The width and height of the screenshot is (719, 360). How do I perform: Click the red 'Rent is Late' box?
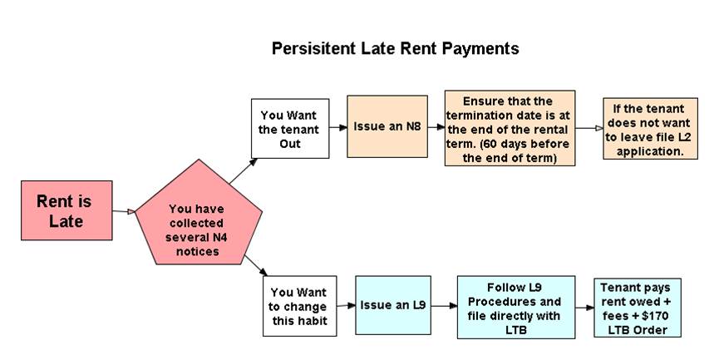(66, 210)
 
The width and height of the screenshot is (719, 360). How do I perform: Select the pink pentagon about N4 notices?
(199, 215)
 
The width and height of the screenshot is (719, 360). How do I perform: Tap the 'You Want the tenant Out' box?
(290, 128)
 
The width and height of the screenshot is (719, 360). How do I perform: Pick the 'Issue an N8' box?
(387, 126)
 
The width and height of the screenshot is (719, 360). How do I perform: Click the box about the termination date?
(510, 128)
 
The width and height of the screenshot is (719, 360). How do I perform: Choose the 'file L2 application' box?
(650, 128)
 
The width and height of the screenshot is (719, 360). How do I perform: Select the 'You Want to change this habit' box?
(299, 306)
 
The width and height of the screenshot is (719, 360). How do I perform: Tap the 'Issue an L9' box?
(393, 305)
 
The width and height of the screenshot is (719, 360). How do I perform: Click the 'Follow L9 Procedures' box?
(516, 308)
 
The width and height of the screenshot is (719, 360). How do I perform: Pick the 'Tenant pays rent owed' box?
(638, 308)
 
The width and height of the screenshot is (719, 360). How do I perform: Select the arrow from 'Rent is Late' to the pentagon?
(124, 211)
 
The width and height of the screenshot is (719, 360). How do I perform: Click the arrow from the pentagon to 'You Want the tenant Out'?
(244, 170)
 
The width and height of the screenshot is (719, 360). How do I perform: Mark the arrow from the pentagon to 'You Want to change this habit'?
(256, 265)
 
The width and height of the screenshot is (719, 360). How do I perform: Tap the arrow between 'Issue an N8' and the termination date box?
(436, 127)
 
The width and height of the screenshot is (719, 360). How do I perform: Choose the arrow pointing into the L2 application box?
(589, 128)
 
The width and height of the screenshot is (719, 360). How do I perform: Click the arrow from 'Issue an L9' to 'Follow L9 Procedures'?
(444, 305)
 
